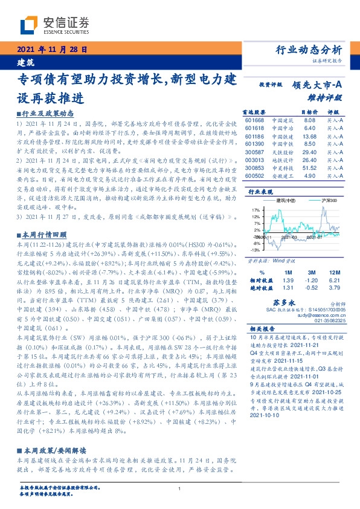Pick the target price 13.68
click(310, 136)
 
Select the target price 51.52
click(310, 167)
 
